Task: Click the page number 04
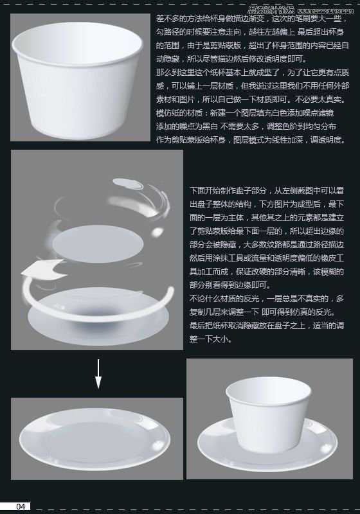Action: click(x=21, y=506)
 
